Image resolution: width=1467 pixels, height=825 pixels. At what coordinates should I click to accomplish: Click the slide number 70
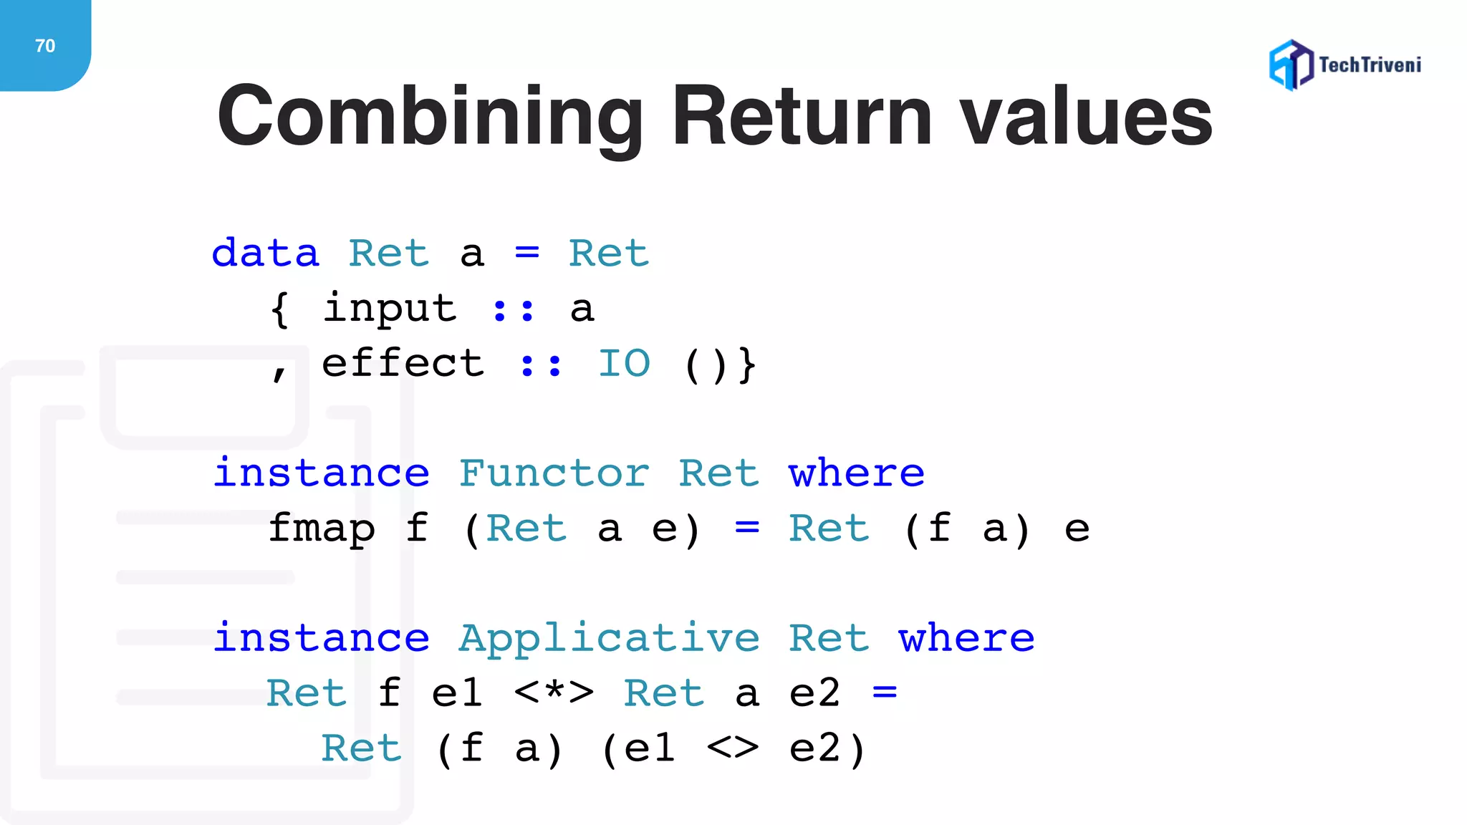[x=44, y=46]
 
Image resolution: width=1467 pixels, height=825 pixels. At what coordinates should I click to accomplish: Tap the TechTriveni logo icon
[x=1291, y=65]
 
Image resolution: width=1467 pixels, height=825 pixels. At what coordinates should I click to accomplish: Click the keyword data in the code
[x=266, y=254]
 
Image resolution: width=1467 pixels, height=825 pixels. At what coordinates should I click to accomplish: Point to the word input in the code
[x=389, y=309]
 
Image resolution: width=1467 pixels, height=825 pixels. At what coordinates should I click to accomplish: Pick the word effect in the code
[x=403, y=364]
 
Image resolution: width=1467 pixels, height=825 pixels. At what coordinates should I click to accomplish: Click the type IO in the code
[x=624, y=364]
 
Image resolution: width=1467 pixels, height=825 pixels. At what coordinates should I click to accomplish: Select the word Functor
[x=554, y=473]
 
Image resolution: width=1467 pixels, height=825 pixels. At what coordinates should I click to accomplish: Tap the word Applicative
[x=609, y=638]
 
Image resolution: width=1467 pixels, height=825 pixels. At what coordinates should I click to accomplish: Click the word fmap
[x=322, y=529]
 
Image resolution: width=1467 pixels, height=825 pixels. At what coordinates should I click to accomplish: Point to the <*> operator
[x=554, y=693]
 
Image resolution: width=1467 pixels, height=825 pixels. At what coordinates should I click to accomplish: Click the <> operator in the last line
[x=732, y=748]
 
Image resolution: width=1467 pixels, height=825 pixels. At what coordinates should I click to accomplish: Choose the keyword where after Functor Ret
[x=857, y=473]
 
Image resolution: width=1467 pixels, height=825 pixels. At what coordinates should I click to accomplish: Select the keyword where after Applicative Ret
[x=967, y=638]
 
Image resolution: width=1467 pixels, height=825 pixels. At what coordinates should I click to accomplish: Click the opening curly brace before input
[x=280, y=309]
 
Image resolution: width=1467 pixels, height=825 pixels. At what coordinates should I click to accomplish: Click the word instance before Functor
[x=322, y=473]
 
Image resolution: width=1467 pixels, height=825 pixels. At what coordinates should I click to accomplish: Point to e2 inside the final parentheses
[x=814, y=748]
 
